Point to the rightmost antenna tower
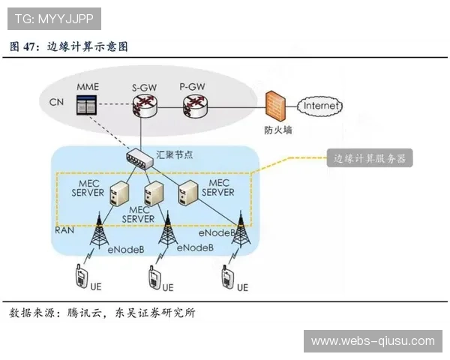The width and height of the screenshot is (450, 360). pos(241,229)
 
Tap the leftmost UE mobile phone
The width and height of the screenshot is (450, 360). pos(80,277)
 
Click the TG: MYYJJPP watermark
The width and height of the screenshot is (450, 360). pos(53,17)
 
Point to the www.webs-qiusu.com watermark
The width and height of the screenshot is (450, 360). pos(372,341)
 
